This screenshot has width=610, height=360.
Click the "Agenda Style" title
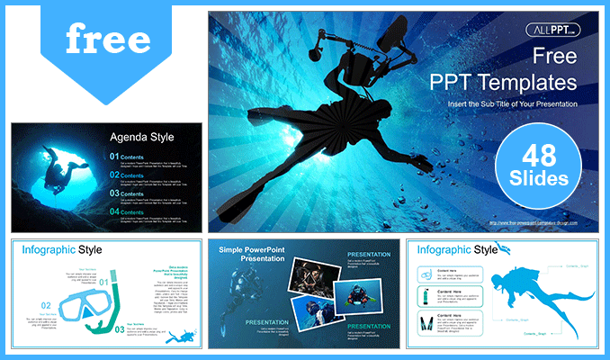coord(140,138)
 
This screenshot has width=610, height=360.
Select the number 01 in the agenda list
coord(113,157)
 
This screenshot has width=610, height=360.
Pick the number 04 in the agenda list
coord(113,211)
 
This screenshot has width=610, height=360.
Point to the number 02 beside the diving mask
coord(46,306)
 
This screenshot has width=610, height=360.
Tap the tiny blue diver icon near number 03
coord(184,336)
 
